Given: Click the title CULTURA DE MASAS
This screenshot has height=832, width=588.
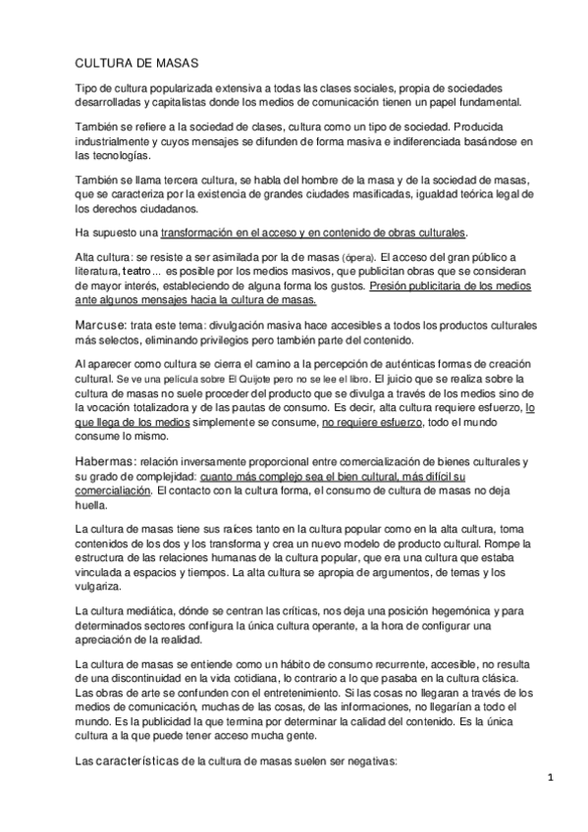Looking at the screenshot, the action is click(137, 63).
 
